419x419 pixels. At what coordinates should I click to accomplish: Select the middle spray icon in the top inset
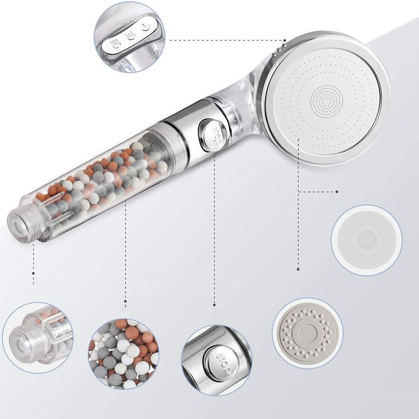point(130,35)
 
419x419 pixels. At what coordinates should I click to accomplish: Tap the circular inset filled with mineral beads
point(124,354)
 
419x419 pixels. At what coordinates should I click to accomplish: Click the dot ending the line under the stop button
point(214,305)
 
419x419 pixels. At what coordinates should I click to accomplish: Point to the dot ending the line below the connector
point(33,284)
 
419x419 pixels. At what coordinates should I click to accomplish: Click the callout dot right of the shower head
point(337,191)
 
